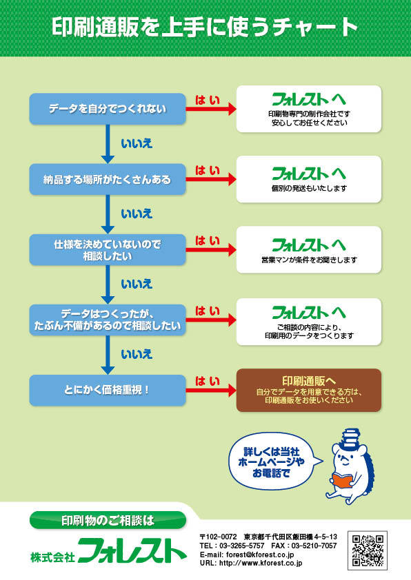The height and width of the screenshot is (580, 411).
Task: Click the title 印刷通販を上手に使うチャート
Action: tap(204, 27)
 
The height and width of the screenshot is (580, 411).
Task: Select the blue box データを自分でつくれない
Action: tap(108, 109)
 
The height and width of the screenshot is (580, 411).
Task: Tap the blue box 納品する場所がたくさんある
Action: tap(108, 179)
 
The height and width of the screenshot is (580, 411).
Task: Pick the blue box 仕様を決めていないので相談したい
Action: tap(108, 249)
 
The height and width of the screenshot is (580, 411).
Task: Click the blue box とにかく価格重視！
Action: tap(108, 391)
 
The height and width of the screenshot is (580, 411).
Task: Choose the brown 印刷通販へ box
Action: tap(309, 391)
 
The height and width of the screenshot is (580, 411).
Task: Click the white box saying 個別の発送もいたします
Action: tap(309, 179)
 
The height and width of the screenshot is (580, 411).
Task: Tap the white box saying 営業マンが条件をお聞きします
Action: tap(309, 249)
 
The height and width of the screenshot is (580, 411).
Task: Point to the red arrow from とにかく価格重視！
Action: tap(211, 391)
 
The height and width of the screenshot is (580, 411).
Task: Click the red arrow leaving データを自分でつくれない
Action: tap(211, 109)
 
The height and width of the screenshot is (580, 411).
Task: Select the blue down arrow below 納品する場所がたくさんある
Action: tap(108, 214)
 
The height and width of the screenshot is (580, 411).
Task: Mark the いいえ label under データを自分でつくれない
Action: tap(137, 143)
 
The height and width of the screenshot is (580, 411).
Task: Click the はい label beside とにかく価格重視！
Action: tap(208, 381)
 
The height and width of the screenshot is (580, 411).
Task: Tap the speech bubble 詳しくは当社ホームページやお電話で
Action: tap(272, 462)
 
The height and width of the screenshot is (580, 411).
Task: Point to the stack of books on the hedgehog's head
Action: tap(351, 438)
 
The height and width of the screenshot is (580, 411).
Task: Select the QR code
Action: tap(368, 550)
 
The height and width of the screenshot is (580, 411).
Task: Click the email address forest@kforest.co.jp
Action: tap(260, 555)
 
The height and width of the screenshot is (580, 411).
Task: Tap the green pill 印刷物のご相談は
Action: tap(108, 520)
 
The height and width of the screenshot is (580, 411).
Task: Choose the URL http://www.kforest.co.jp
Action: tap(261, 563)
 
